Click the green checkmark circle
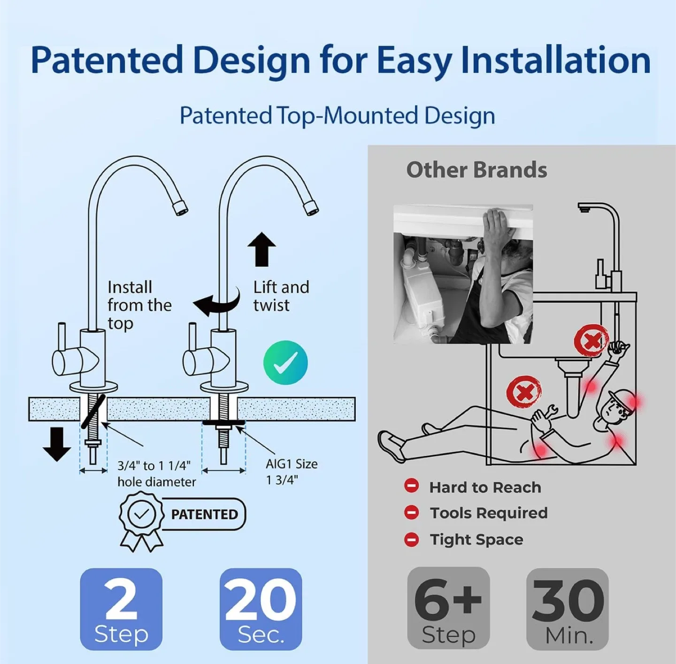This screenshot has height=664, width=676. pyautogui.click(x=285, y=363)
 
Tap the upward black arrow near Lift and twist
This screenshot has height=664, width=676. pyautogui.click(x=261, y=249)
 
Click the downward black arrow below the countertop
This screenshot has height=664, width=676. pyautogui.click(x=57, y=444)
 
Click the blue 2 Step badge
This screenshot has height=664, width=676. pyautogui.click(x=121, y=609)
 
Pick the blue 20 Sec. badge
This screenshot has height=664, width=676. pyautogui.click(x=261, y=609)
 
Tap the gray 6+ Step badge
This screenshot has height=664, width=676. pyautogui.click(x=448, y=608)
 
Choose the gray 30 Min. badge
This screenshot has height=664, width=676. pyautogui.click(x=568, y=609)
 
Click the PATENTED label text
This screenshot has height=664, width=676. pyautogui.click(x=204, y=514)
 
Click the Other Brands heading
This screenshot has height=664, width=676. pyautogui.click(x=476, y=170)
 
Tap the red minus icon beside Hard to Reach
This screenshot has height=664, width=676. pyautogui.click(x=412, y=486)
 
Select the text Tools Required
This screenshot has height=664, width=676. pyautogui.click(x=489, y=513)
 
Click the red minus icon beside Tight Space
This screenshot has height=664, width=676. pyautogui.click(x=412, y=539)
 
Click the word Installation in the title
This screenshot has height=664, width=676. pyautogui.click(x=555, y=60)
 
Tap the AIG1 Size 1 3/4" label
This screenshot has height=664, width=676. pyautogui.click(x=292, y=472)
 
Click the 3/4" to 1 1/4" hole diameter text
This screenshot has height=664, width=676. pyautogui.click(x=156, y=473)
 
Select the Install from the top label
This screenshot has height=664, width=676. pyautogui.click(x=139, y=305)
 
